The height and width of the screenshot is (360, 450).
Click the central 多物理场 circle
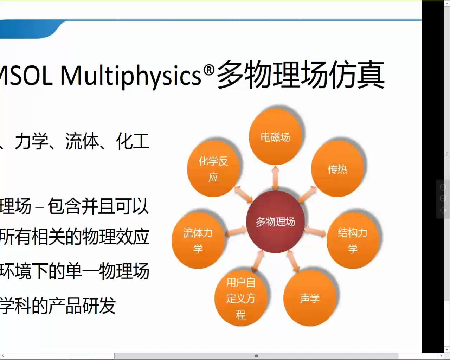coord(275,222)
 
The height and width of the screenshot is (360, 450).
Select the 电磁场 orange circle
coord(275,137)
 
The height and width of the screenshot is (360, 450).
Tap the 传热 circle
coord(337,169)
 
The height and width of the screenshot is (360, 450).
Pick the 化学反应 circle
coord(213,169)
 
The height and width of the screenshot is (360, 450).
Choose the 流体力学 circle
coord(198,240)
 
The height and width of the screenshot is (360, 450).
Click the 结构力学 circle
coord(353,240)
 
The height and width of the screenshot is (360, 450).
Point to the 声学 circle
coord(310,298)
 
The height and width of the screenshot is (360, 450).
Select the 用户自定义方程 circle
coord(241,298)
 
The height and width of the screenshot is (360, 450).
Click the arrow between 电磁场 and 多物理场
coord(276,178)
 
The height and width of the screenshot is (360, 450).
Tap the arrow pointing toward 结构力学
coord(316,231)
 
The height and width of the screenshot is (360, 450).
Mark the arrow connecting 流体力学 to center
coord(236,231)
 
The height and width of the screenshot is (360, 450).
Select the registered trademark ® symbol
coord(209,70)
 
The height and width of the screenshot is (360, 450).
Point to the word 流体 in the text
coord(82,141)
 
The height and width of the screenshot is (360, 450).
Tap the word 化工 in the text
coord(133,141)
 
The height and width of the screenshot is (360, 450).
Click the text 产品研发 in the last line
coord(82,305)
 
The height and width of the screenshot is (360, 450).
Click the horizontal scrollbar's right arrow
coord(441,356)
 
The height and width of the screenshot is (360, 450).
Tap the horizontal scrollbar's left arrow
coord(3,356)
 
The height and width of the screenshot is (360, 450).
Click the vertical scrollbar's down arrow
coord(447,349)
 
